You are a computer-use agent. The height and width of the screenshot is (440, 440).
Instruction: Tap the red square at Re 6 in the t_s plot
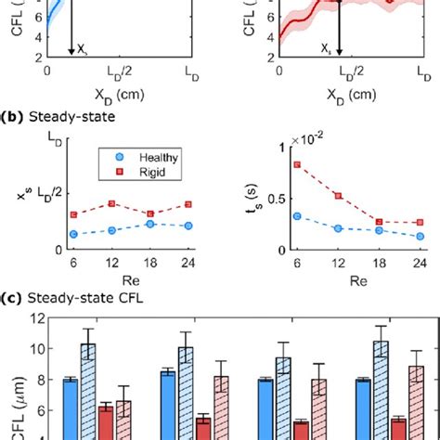click(x=295, y=164)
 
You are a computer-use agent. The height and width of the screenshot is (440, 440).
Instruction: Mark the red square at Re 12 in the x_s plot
click(x=112, y=203)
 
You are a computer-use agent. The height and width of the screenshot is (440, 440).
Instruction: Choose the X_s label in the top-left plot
click(x=84, y=45)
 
